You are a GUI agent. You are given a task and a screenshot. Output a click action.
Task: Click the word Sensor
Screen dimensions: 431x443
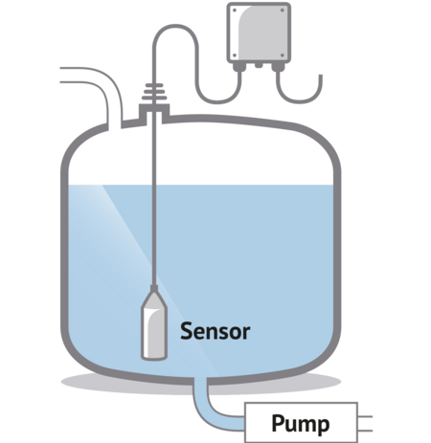(215, 331)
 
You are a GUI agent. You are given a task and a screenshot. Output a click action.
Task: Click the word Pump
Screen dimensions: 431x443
(301, 424)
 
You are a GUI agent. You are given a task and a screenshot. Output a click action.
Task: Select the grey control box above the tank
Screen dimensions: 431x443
(259, 33)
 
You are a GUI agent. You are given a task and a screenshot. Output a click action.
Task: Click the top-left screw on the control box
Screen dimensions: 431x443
(235, 11)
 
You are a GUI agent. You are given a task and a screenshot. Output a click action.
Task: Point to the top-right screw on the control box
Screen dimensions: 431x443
(283, 11)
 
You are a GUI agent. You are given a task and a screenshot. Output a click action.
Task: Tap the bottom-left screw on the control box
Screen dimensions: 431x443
(235, 55)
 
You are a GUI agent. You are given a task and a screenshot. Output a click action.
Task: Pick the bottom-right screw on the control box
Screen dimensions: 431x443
(283, 55)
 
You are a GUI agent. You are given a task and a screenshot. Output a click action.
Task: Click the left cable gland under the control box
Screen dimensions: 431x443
(238, 67)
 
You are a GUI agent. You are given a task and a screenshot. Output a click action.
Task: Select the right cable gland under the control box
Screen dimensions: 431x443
(278, 67)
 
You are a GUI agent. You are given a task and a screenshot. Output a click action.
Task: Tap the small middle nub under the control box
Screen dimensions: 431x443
(259, 65)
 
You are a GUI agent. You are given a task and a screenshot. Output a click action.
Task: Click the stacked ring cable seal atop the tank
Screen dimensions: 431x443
(154, 92)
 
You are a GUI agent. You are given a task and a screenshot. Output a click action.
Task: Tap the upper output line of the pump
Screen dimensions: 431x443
(365, 416)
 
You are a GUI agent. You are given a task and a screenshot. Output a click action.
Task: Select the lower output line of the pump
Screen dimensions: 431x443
(365, 431)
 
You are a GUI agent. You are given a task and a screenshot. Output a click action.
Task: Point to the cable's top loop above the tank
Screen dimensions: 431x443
(175, 26)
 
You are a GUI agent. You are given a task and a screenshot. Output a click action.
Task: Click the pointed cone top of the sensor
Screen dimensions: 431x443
(154, 297)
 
